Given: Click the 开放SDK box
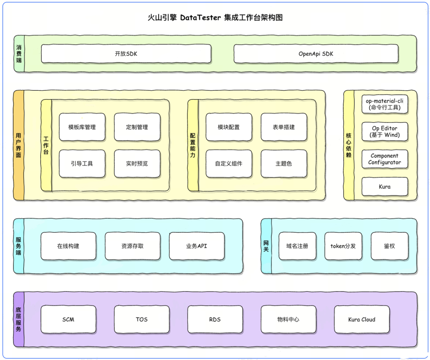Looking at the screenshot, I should pyautogui.click(x=126, y=54).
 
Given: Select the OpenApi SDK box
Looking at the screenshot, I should pyautogui.click(x=316, y=54).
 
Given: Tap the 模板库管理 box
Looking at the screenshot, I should pyautogui.click(x=82, y=127).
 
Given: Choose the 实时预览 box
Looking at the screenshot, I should pyautogui.click(x=137, y=163).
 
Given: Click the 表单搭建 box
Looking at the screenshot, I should pyautogui.click(x=284, y=127).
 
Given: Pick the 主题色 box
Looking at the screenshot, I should pyautogui.click(x=284, y=163).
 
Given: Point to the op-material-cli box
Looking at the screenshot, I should pyautogui.click(x=385, y=104).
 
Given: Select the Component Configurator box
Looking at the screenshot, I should pyautogui.click(x=385, y=159).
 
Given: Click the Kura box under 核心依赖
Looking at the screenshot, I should pyautogui.click(x=385, y=187).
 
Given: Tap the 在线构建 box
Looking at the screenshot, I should pyautogui.click(x=68, y=246).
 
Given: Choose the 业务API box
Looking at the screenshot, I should pyautogui.click(x=197, y=246).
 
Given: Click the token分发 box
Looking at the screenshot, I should pyautogui.click(x=343, y=246).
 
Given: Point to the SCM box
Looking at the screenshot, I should pyautogui.click(x=68, y=319).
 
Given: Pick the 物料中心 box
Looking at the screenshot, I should pyautogui.click(x=288, y=319).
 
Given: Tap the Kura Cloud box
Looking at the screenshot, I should pyautogui.click(x=362, y=319).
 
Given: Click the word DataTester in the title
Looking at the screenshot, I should pyautogui.click(x=200, y=18).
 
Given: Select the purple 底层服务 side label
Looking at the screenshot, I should pyautogui.click(x=19, y=319).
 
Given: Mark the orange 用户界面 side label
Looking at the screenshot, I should pyautogui.click(x=19, y=145).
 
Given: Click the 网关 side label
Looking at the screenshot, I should pyautogui.click(x=266, y=246).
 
